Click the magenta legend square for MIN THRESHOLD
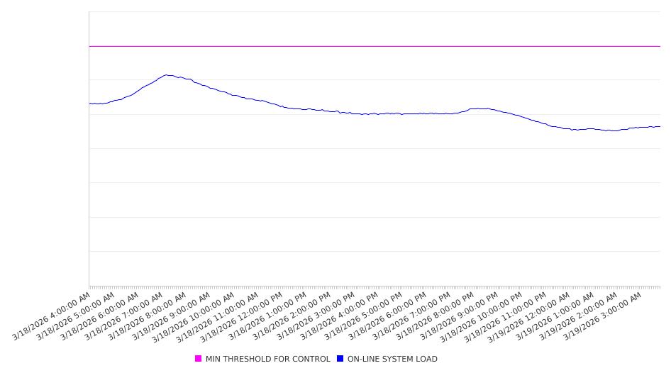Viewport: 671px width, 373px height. [199, 359]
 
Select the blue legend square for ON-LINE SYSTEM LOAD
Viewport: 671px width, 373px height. [340, 359]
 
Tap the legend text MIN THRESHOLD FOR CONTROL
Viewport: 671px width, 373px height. [267, 359]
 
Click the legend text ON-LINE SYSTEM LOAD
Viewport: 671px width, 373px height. [392, 359]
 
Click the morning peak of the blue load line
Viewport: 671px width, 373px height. [166, 75]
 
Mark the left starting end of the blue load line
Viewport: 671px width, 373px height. [89, 104]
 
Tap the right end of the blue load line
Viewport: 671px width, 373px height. [660, 127]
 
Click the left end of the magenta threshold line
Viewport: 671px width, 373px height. [89, 46]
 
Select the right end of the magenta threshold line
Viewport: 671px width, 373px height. [660, 46]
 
